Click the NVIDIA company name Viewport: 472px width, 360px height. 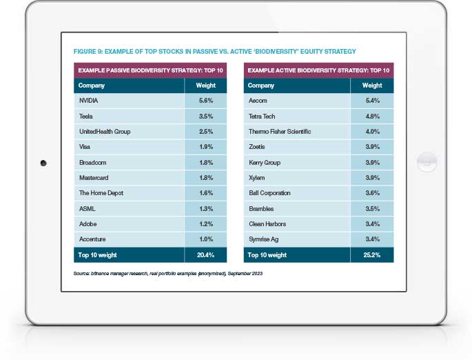[x=90, y=101]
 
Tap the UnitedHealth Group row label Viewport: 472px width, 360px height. [x=105, y=131]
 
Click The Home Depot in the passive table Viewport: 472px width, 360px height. [x=101, y=193]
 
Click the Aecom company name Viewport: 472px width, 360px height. [x=257, y=101]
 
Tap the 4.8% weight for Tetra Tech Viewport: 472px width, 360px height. [x=372, y=116]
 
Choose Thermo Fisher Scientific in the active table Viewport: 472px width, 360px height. [x=279, y=131]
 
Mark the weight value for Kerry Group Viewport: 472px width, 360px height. [x=372, y=162]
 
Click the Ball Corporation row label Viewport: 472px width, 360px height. [x=269, y=193]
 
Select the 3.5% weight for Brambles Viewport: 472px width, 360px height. [x=372, y=208]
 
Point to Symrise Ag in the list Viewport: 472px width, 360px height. [x=263, y=239]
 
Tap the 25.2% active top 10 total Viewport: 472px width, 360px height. [x=372, y=255]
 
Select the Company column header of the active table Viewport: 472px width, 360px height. [x=261, y=86]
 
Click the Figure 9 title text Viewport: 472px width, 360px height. [x=214, y=52]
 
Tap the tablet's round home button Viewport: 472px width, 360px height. [x=427, y=163]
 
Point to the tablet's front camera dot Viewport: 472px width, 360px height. [x=43, y=163]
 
